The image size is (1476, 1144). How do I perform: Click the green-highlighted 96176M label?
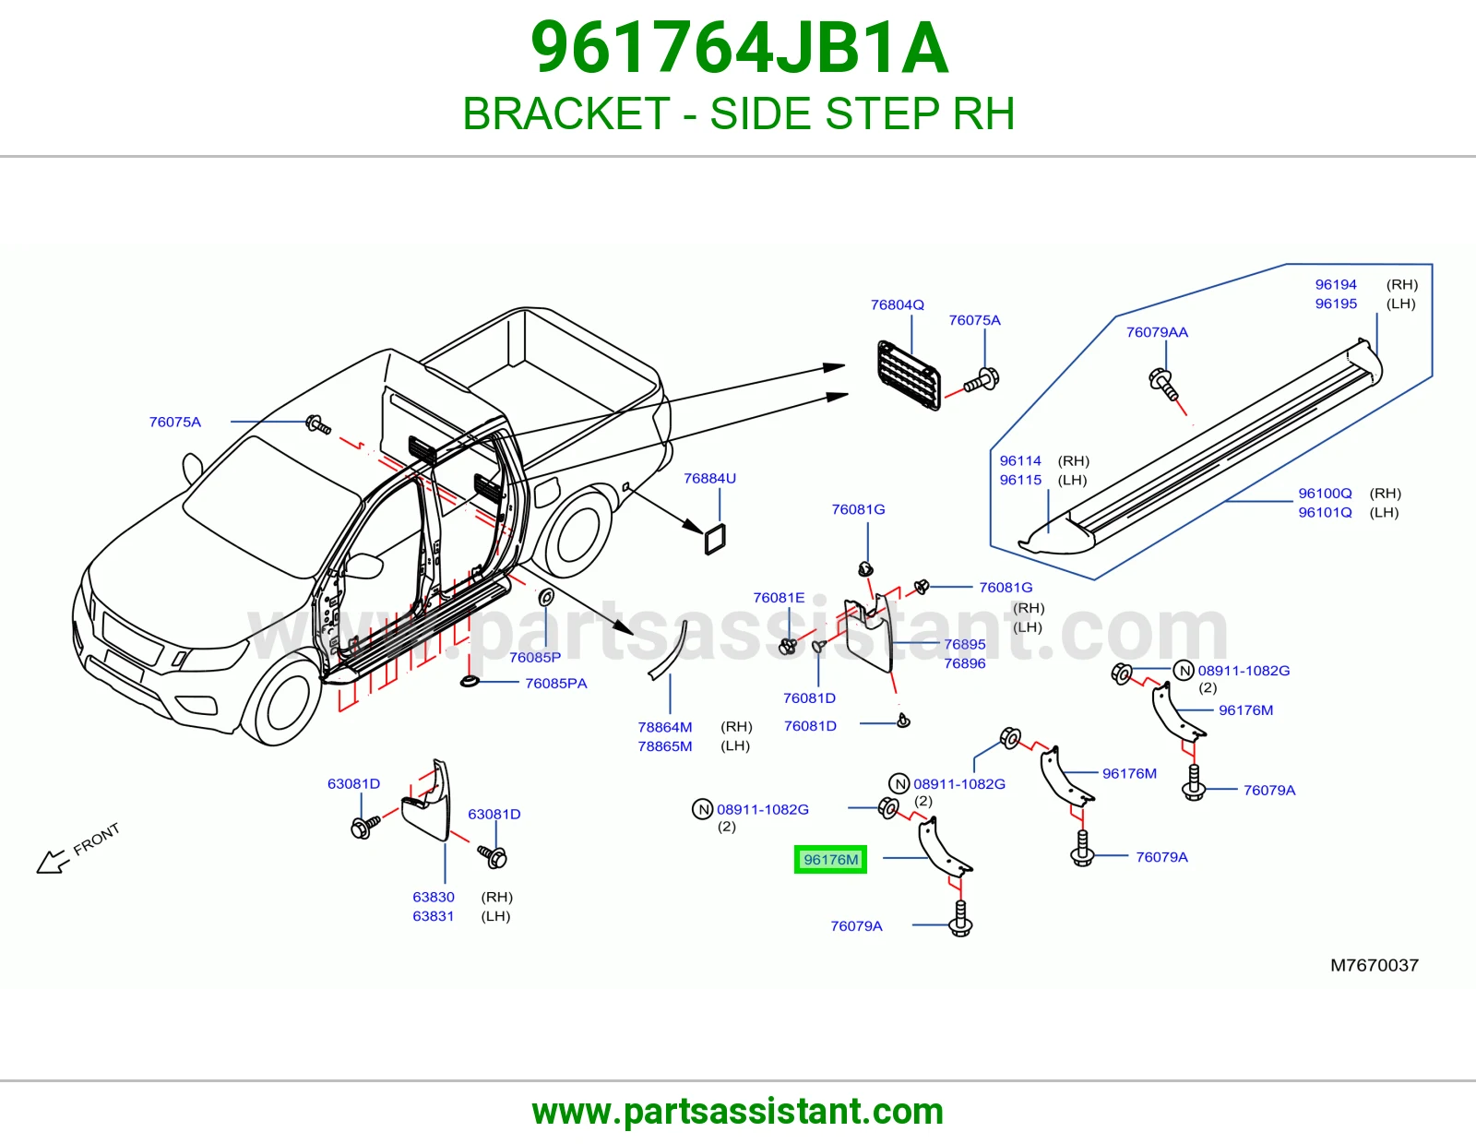point(830,859)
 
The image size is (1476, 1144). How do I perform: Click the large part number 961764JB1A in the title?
point(739,48)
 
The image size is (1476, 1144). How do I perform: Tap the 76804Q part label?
point(898,305)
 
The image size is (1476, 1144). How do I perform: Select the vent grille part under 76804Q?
point(909,375)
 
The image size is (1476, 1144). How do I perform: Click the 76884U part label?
point(709,478)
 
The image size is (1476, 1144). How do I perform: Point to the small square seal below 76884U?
point(715,539)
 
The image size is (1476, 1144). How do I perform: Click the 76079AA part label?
point(1157,332)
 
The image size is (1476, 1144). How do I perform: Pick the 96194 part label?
point(1336,285)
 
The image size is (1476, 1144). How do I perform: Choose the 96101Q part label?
point(1325,512)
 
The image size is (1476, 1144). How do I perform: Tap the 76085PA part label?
point(555,684)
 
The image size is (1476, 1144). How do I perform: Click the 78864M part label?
point(664,727)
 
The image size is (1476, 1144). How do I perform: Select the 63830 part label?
point(434,897)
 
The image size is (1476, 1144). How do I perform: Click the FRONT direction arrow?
point(53,863)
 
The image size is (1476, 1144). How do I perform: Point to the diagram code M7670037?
point(1375,965)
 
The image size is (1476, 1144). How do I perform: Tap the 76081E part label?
point(779,598)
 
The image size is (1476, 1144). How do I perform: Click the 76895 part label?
point(965,644)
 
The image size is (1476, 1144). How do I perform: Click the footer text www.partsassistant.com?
point(738,1112)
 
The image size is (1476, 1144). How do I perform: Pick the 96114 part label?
point(1019,460)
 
